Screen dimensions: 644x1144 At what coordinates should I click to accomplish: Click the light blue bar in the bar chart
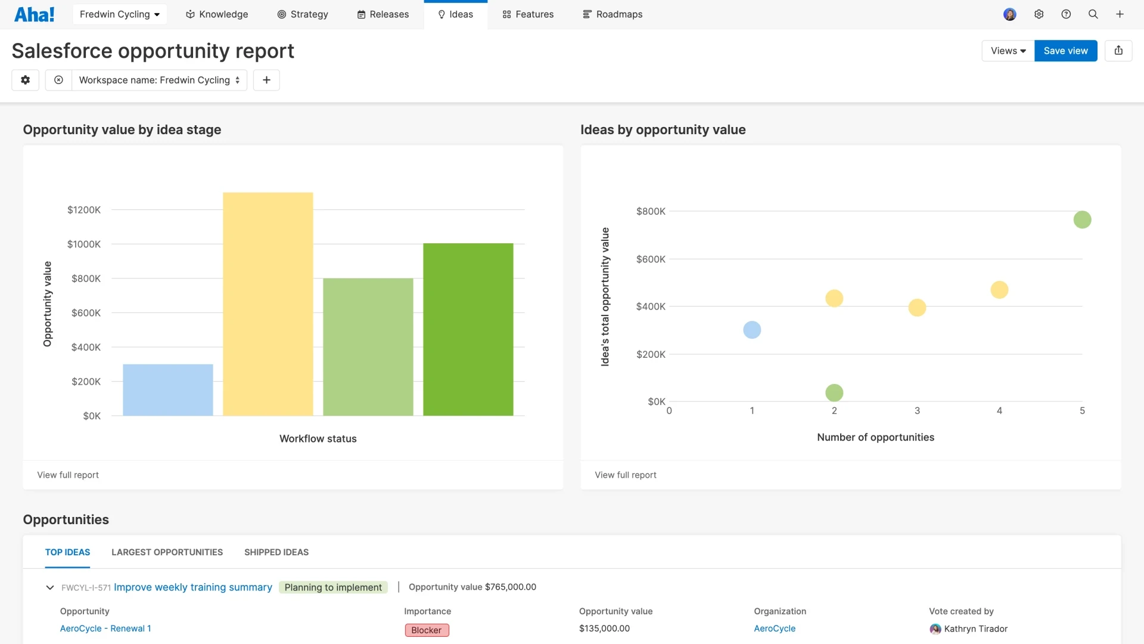tap(167, 390)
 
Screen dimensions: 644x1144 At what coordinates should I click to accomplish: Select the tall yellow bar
tap(268, 304)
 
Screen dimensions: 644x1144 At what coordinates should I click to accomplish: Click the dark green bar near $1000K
tap(468, 329)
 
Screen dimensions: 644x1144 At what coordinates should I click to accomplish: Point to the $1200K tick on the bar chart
tap(84, 210)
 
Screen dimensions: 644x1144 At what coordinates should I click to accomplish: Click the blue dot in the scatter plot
tap(752, 330)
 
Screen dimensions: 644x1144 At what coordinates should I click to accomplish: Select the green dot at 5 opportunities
tap(1082, 220)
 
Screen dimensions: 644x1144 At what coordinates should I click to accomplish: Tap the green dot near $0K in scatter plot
tap(834, 393)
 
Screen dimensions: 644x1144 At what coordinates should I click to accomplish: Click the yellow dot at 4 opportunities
tap(999, 290)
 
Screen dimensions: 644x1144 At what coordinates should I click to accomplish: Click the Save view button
tap(1065, 51)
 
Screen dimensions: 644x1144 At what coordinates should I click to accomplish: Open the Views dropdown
tap(1008, 51)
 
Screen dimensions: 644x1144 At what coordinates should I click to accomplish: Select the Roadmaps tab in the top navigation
tap(613, 14)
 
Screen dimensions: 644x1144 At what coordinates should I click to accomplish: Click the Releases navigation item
tap(383, 14)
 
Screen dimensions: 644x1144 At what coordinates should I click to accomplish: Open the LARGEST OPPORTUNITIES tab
tap(167, 552)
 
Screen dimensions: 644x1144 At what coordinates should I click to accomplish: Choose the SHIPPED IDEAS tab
tap(276, 552)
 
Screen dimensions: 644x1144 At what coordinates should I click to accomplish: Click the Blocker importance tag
tap(427, 630)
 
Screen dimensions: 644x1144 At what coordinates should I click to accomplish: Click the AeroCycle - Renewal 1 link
tap(105, 628)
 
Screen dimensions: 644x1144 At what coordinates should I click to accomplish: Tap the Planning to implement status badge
tap(333, 587)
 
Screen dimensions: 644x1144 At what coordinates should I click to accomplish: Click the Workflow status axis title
tap(318, 439)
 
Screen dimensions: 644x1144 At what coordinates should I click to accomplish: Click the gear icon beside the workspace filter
tap(25, 80)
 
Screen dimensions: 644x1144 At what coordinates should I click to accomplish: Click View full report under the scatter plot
tap(625, 475)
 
